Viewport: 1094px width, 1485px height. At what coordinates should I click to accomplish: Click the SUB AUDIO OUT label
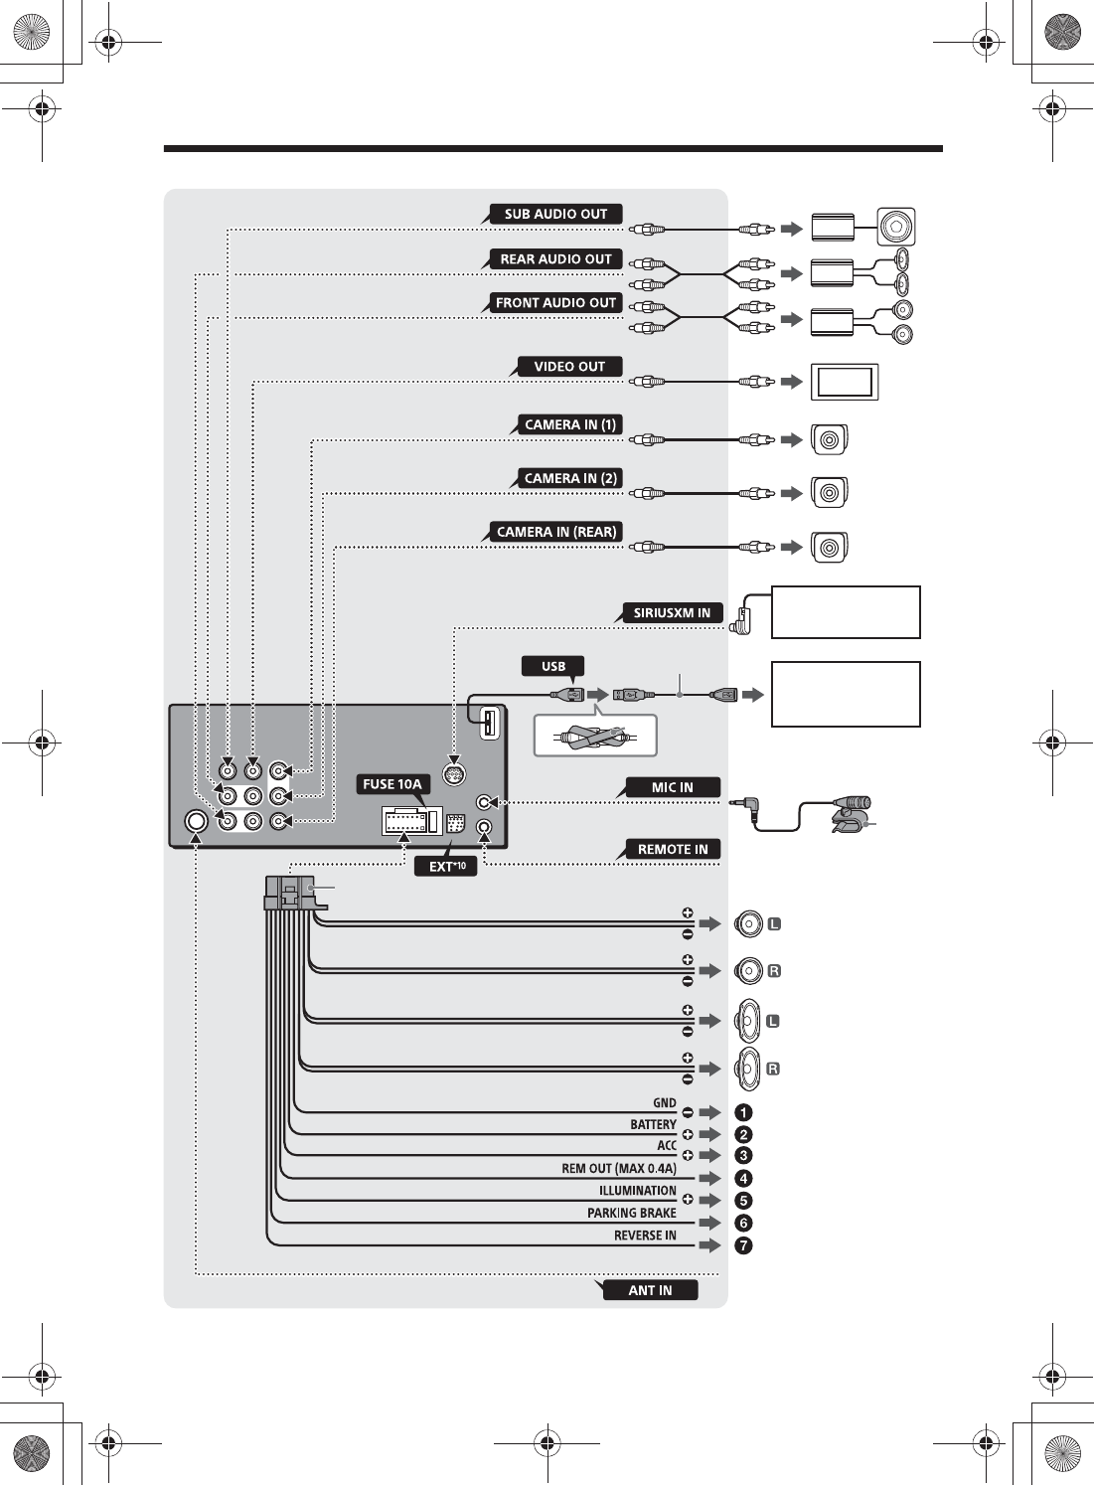pyautogui.click(x=555, y=214)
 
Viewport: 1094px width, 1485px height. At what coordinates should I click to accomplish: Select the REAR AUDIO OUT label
pyautogui.click(x=555, y=259)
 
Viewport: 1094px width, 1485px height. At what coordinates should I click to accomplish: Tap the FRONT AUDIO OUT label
pyautogui.click(x=555, y=303)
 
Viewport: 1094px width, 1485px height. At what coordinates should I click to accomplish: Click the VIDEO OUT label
pyautogui.click(x=569, y=367)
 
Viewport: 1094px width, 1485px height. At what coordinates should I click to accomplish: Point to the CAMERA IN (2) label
pyautogui.click(x=570, y=478)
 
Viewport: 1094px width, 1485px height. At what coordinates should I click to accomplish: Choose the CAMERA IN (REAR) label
pyautogui.click(x=556, y=532)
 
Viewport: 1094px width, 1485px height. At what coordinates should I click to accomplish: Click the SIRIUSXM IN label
pyautogui.click(x=672, y=613)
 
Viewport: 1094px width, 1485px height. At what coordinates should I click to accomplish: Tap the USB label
pyautogui.click(x=553, y=666)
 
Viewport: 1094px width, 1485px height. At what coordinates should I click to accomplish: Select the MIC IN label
pyautogui.click(x=672, y=788)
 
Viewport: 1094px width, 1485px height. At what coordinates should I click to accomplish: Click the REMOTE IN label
pyautogui.click(x=673, y=850)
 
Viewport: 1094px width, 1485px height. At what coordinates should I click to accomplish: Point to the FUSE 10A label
pyautogui.click(x=392, y=784)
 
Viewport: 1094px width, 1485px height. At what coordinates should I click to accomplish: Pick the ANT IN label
pyautogui.click(x=650, y=1290)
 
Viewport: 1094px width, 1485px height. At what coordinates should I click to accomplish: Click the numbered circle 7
pyautogui.click(x=743, y=1245)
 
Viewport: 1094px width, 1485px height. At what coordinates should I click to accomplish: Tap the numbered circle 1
pyautogui.click(x=743, y=1112)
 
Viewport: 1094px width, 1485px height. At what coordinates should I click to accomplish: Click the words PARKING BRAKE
pyautogui.click(x=631, y=1213)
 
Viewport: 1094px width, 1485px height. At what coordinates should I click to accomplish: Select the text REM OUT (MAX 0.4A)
pyautogui.click(x=618, y=1169)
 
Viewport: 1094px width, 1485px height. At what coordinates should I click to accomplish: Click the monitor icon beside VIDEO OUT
pyautogui.click(x=845, y=382)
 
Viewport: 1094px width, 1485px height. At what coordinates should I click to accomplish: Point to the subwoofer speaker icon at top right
pyautogui.click(x=895, y=228)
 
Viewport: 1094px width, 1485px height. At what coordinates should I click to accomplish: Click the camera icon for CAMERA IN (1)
pyautogui.click(x=830, y=439)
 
